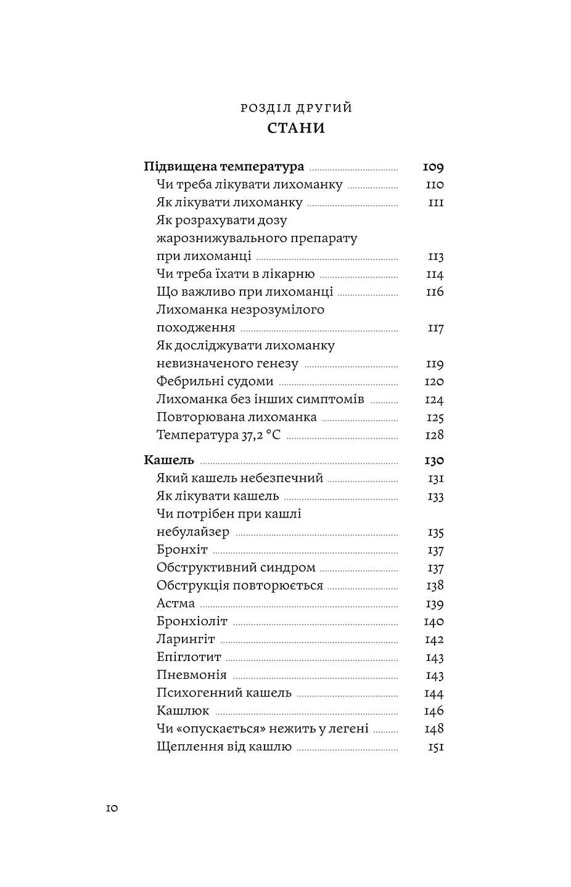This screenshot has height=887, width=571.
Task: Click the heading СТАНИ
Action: click(x=296, y=129)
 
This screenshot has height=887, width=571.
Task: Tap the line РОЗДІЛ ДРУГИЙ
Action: click(x=296, y=108)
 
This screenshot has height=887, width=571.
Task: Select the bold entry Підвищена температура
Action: click(x=224, y=167)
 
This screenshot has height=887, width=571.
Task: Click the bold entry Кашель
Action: click(x=169, y=460)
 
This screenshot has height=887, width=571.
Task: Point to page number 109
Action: click(x=433, y=167)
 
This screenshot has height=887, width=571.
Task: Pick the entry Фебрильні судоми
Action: click(x=215, y=381)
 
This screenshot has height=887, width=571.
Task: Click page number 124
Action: click(x=434, y=400)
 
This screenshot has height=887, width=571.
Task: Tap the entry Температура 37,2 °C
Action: click(x=218, y=435)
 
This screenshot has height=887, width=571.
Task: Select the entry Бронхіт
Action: click(x=182, y=549)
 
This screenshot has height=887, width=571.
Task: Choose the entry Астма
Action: click(x=176, y=603)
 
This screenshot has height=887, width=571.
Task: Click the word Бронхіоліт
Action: click(x=192, y=621)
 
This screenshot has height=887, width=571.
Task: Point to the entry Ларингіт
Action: click(x=186, y=639)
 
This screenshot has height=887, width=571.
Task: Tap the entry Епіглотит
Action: click(x=189, y=657)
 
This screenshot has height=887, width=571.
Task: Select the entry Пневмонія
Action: click(x=192, y=674)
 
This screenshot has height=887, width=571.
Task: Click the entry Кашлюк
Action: click(x=183, y=710)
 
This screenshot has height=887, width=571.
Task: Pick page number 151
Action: click(x=435, y=747)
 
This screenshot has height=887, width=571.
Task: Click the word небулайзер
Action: click(x=193, y=532)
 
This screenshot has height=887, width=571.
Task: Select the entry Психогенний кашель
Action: click(x=224, y=692)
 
